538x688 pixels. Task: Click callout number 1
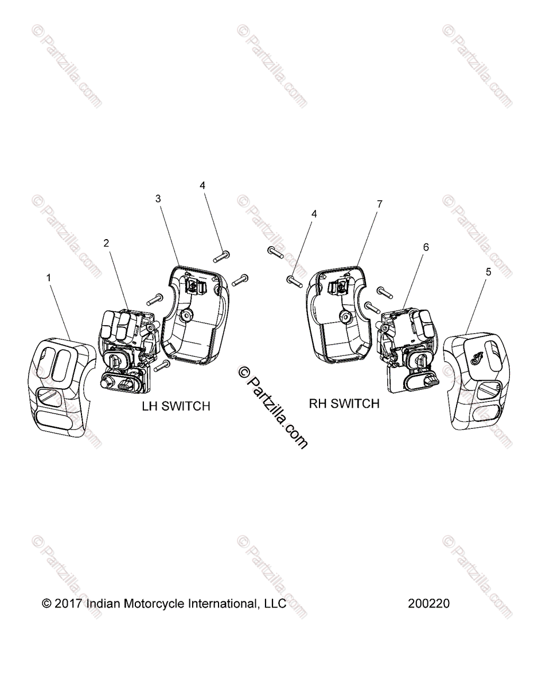tap(48, 278)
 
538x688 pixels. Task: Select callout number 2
tap(106, 243)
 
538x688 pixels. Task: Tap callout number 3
tap(158, 198)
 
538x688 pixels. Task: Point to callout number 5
tap(489, 272)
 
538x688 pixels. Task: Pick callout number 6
tap(426, 247)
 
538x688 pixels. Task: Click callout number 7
tap(379, 204)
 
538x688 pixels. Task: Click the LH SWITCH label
tap(176, 406)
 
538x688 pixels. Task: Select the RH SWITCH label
tap(344, 404)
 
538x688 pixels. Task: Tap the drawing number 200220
tap(429, 604)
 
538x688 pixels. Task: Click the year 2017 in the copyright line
tap(69, 604)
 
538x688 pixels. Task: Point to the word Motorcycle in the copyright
tap(154, 604)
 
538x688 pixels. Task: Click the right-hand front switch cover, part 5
tap(477, 380)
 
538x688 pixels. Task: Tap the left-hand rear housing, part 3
tap(196, 316)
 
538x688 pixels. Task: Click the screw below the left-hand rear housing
tap(163, 366)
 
